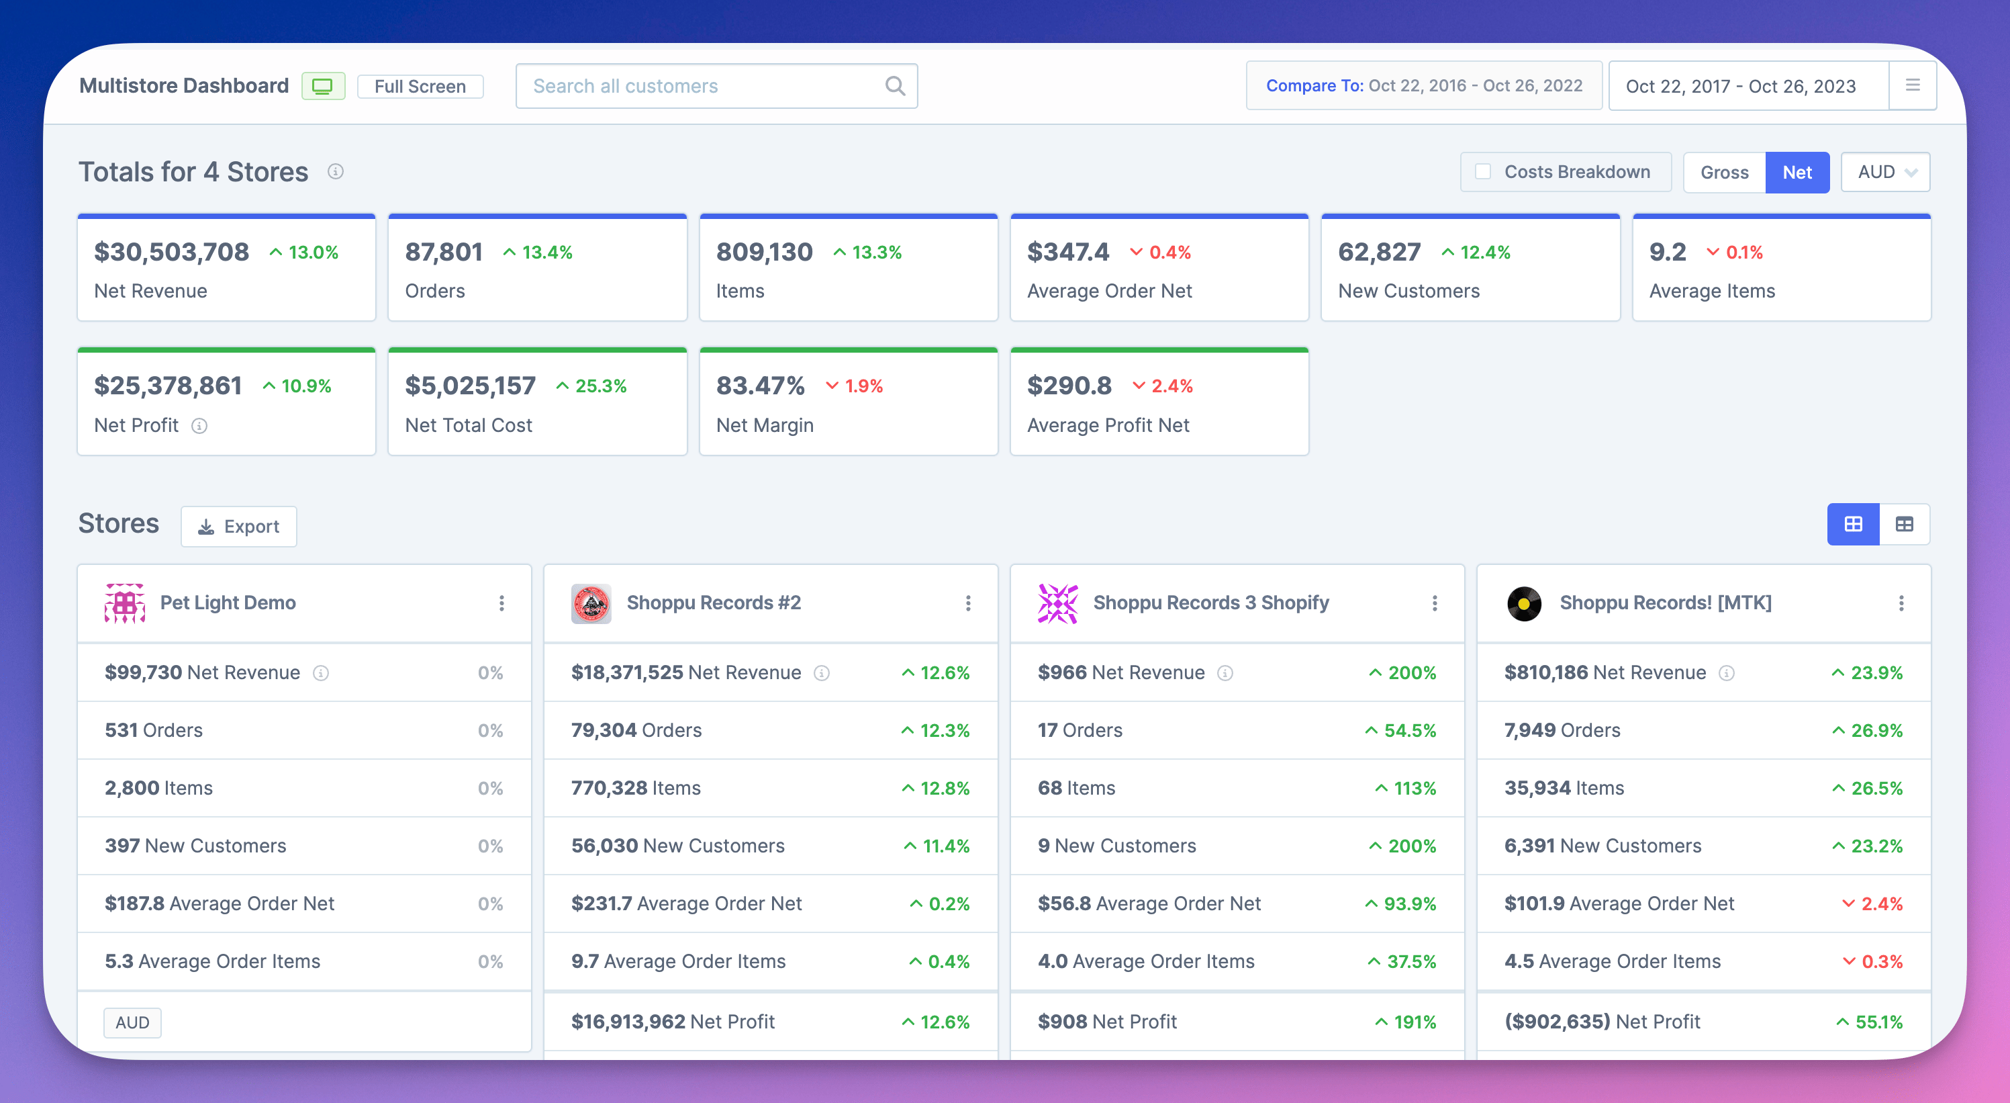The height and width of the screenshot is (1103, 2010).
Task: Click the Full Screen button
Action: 420,86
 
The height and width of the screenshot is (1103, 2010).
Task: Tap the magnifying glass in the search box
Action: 895,86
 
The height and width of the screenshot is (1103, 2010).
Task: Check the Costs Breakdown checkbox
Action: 1482,172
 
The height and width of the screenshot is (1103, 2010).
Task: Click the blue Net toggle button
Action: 1797,173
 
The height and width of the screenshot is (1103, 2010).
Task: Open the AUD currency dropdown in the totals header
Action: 1885,173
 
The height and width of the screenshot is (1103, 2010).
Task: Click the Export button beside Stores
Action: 239,527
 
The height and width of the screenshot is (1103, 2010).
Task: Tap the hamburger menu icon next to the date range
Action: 1913,85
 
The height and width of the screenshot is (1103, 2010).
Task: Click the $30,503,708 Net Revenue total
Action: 172,252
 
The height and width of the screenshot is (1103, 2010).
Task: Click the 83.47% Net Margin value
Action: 760,386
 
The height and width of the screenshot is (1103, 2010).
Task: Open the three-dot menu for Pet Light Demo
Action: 501,603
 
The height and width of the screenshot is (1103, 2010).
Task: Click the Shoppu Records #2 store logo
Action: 591,603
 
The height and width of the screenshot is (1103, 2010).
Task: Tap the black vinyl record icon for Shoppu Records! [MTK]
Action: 1524,603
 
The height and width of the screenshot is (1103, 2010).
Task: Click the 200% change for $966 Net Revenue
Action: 1410,673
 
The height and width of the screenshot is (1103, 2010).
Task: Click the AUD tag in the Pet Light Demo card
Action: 133,1022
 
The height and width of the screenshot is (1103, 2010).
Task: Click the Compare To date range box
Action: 1423,86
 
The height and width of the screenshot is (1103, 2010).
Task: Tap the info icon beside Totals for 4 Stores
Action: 336,172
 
